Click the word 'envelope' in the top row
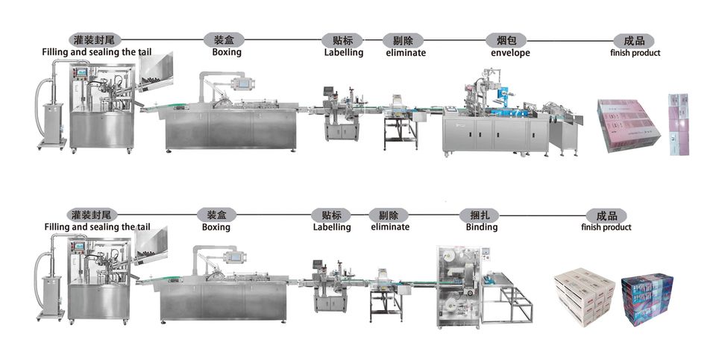(510, 53)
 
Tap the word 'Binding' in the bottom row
(482, 227)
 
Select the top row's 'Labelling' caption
(343, 53)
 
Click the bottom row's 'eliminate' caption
(390, 227)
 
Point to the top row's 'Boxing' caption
(227, 53)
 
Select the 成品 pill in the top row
(628, 40)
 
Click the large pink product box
(629, 125)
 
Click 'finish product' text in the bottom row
(606, 227)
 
